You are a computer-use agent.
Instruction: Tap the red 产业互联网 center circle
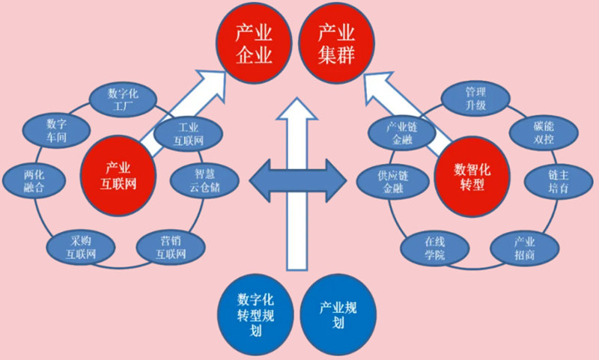coord(118,174)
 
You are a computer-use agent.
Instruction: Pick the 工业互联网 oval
coord(188,132)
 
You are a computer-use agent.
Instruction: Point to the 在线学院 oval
coord(434,248)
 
